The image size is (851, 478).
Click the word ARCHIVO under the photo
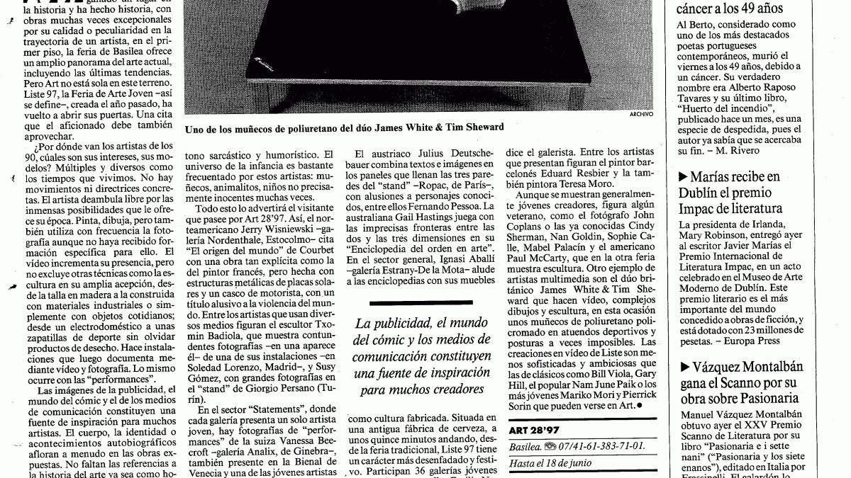point(640,115)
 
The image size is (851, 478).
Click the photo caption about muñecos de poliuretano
point(344,127)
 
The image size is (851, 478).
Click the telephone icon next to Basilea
point(549,447)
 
